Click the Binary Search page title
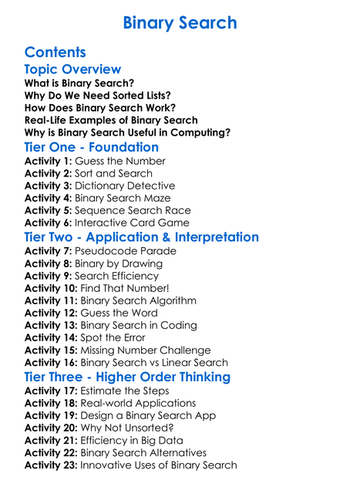pyautogui.click(x=180, y=22)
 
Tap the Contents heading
pyautogui.click(x=55, y=52)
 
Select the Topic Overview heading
pyautogui.click(x=72, y=69)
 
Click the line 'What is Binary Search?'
pyautogui.click(x=79, y=83)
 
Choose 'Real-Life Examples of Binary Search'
pyautogui.click(x=111, y=120)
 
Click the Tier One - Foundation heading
pyautogui.click(x=92, y=147)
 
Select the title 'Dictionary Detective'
pyautogui.click(x=125, y=186)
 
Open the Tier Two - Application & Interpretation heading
pyautogui.click(x=142, y=237)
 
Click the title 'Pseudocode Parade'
pyautogui.click(x=125, y=251)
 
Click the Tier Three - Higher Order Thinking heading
pyautogui.click(x=127, y=377)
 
